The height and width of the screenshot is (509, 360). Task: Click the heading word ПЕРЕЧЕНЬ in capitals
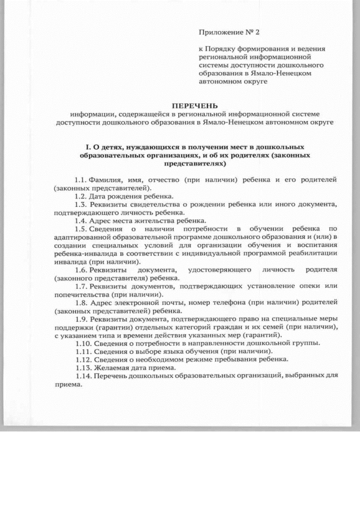pos(193,105)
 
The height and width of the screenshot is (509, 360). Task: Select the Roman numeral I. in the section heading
pos(80,147)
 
